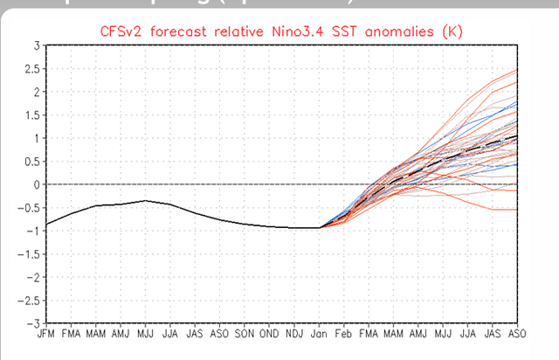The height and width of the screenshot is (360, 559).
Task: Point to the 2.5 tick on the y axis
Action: pyautogui.click(x=31, y=68)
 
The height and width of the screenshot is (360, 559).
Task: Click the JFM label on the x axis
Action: pyautogui.click(x=46, y=334)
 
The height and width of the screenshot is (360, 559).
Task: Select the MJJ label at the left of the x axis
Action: pyautogui.click(x=146, y=334)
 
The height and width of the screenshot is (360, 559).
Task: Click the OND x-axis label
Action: pyautogui.click(x=271, y=334)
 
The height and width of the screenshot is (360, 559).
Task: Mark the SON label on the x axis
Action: pyautogui.click(x=245, y=334)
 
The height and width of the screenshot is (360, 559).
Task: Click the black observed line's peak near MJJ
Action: pyautogui.click(x=146, y=201)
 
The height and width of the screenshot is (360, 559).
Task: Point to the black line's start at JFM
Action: pyautogui.click(x=46, y=225)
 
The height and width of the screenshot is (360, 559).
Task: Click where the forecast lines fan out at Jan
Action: pyautogui.click(x=321, y=227)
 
